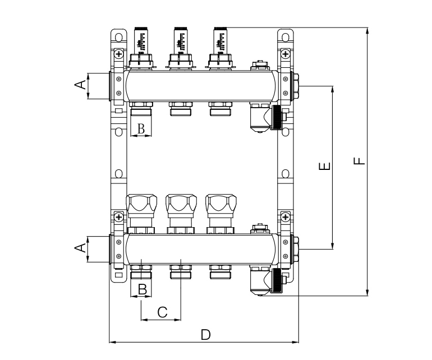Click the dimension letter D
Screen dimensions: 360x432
[x=206, y=334]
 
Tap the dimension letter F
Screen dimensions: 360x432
[x=359, y=160]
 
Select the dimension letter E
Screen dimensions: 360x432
[x=324, y=167]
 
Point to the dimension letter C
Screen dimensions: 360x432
[x=162, y=312]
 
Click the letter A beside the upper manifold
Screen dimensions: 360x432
[x=80, y=85]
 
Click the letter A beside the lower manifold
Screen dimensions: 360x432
[x=80, y=247]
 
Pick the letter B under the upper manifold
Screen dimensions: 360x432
[x=141, y=129]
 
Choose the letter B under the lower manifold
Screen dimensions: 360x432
[x=143, y=289]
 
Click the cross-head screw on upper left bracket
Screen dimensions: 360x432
[x=119, y=54]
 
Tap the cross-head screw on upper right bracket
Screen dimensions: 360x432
[x=286, y=54]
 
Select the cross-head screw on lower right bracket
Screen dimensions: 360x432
[x=286, y=216]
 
